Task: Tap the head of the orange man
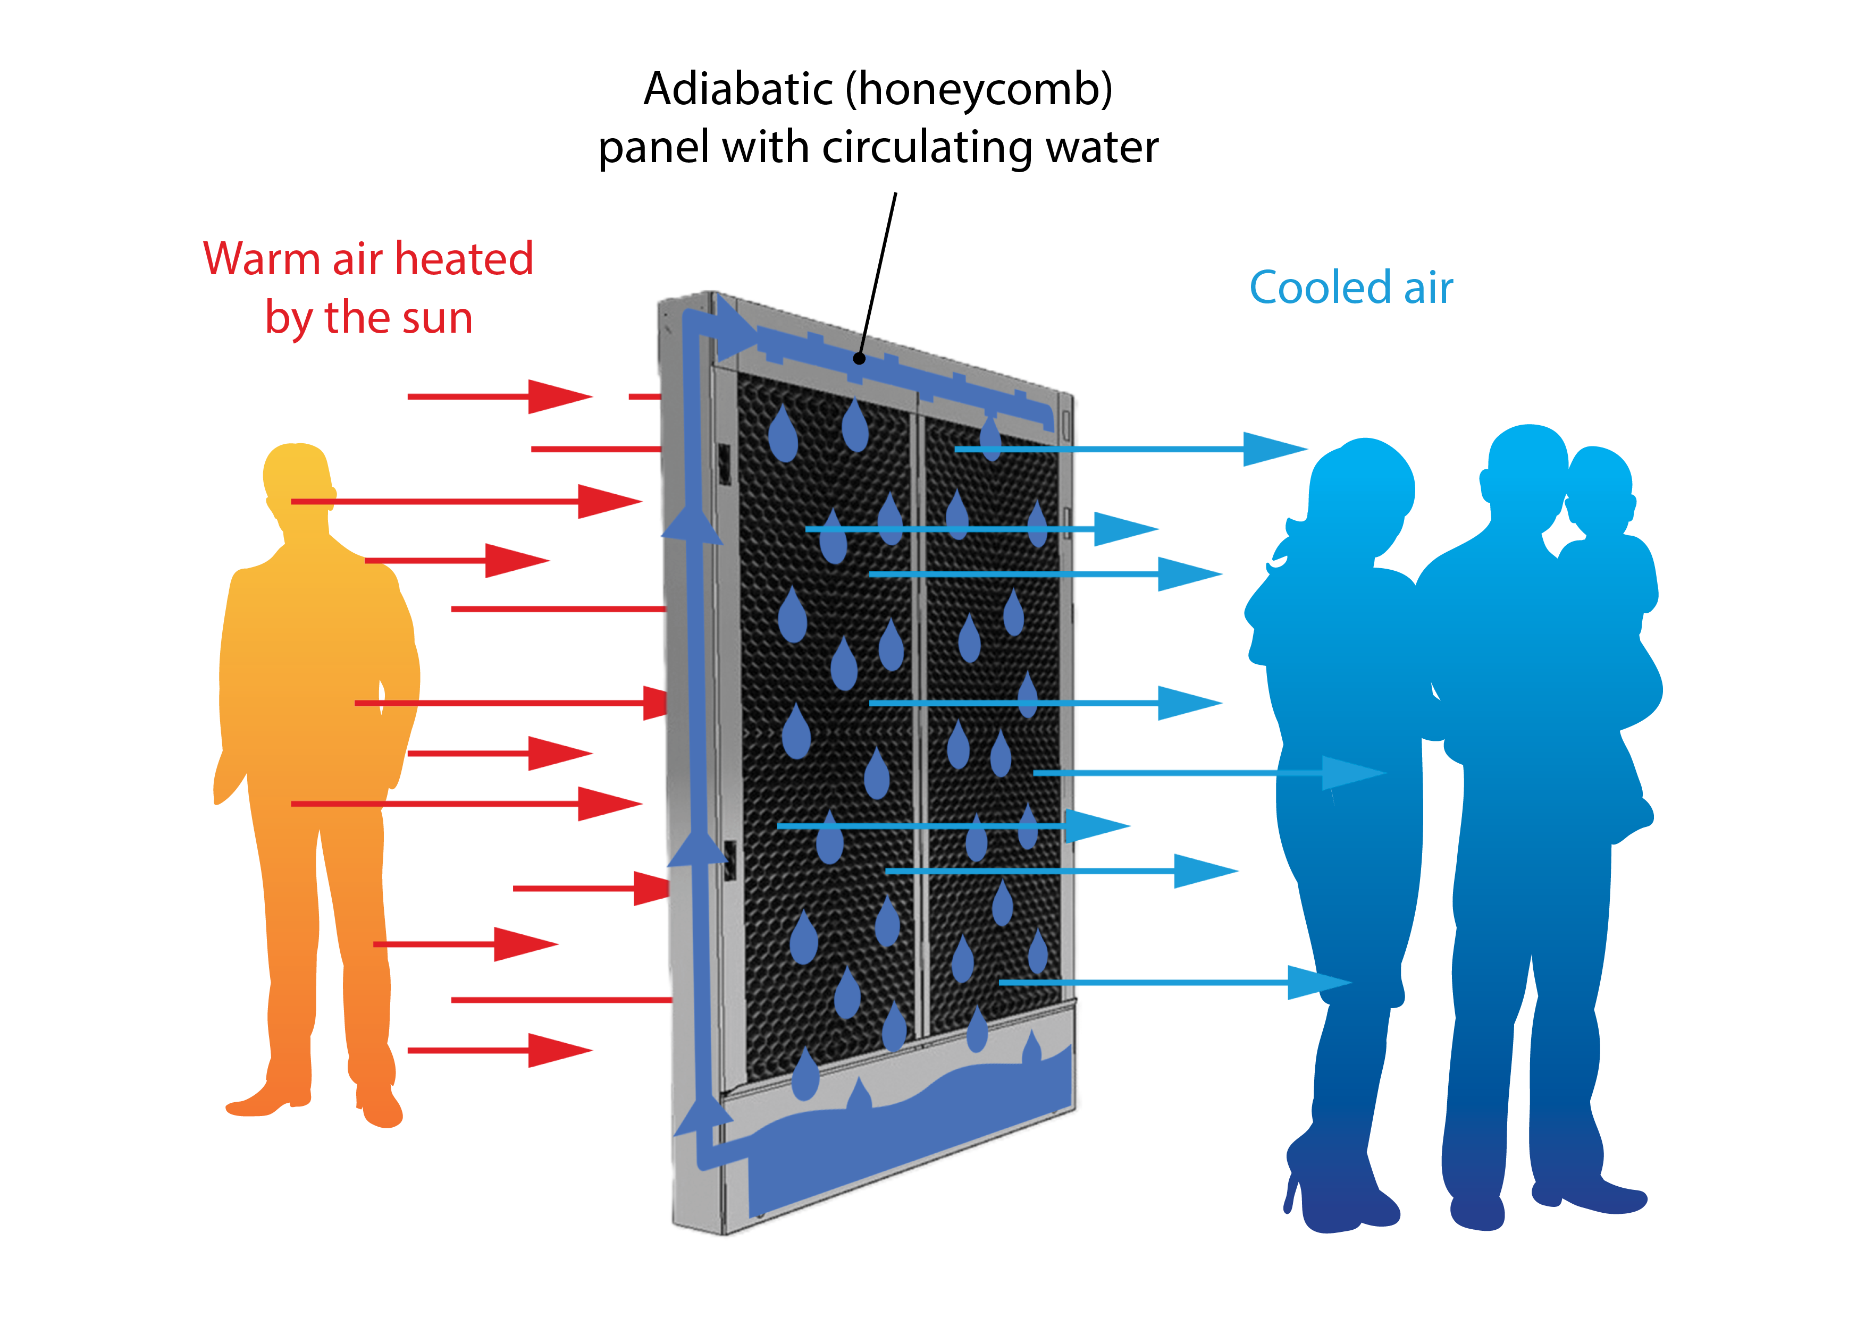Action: coord(297,475)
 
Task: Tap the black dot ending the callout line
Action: coord(859,358)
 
